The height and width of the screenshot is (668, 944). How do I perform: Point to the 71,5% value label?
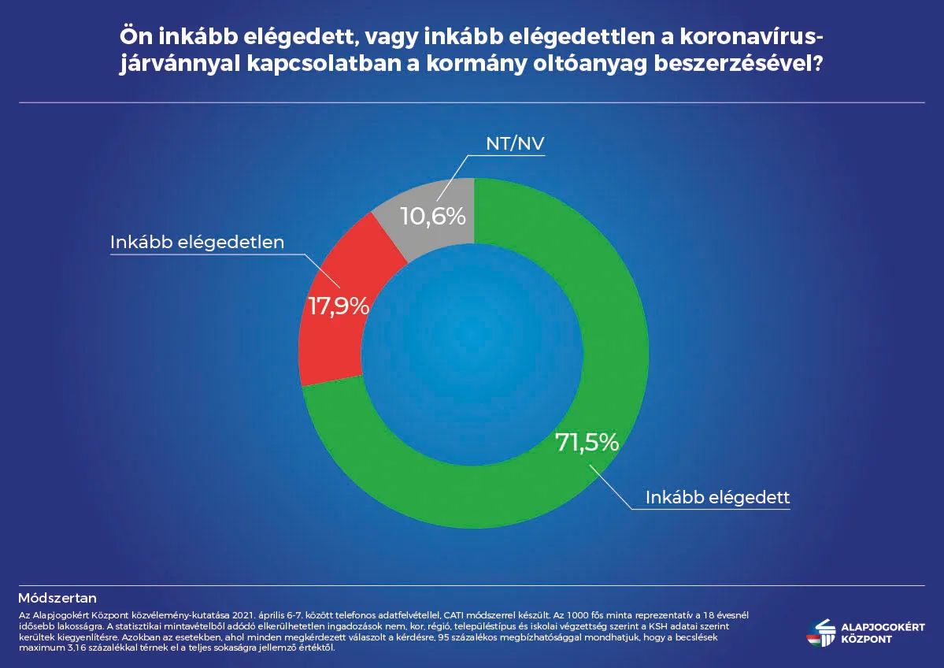click(587, 443)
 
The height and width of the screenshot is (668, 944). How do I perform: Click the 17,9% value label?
click(339, 306)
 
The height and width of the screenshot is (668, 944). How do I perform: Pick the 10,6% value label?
click(433, 217)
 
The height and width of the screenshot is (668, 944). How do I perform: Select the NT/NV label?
click(516, 143)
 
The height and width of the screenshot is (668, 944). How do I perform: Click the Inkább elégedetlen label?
click(198, 242)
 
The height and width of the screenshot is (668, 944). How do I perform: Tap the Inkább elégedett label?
click(717, 498)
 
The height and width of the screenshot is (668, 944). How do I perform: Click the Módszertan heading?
click(57, 598)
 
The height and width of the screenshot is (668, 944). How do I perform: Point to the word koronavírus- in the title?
click(751, 37)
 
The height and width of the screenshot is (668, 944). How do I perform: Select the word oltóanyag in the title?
click(590, 64)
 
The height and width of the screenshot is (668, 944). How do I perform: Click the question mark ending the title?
click(817, 63)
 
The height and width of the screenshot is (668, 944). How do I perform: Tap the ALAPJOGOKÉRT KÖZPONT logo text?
click(883, 633)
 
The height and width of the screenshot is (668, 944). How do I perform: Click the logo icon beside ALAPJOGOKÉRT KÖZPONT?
click(821, 633)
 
